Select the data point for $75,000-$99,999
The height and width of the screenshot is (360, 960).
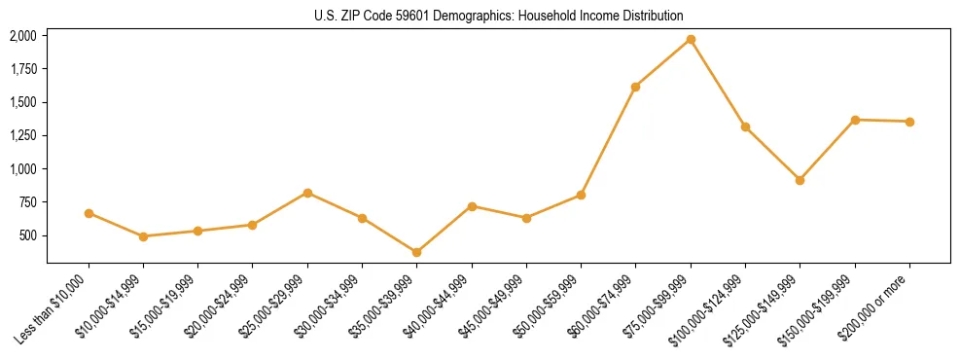[x=691, y=39]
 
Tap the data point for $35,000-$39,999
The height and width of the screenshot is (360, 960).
[x=417, y=252]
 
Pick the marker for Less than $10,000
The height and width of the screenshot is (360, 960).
[x=89, y=213]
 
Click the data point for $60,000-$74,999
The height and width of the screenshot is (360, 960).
[x=636, y=87]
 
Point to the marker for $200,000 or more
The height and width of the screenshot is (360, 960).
[x=909, y=122]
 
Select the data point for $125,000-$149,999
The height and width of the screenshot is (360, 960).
[x=800, y=180]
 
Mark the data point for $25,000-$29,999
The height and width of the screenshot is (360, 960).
[x=307, y=193]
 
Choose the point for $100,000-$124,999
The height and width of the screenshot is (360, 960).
[x=745, y=126]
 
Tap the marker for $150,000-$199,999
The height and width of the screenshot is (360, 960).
[x=855, y=120]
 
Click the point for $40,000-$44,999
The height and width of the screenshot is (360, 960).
[x=472, y=206]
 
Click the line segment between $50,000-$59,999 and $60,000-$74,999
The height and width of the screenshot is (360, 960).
[x=609, y=141]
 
